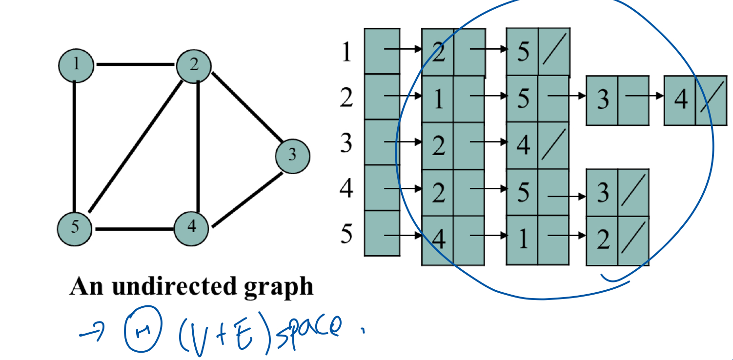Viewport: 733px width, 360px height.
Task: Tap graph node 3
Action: [x=292, y=156]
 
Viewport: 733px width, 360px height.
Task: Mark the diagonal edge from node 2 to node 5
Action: [x=134, y=147]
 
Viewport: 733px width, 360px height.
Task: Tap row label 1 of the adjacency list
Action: [x=346, y=52]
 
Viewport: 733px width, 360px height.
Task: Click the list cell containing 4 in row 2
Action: [x=680, y=100]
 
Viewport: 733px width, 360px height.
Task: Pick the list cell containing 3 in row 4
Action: [x=602, y=193]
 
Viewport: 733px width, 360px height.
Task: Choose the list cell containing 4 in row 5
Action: [x=438, y=240]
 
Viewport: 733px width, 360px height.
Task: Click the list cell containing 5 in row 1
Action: [x=523, y=52]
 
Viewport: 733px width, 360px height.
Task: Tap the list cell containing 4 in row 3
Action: [x=523, y=145]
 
